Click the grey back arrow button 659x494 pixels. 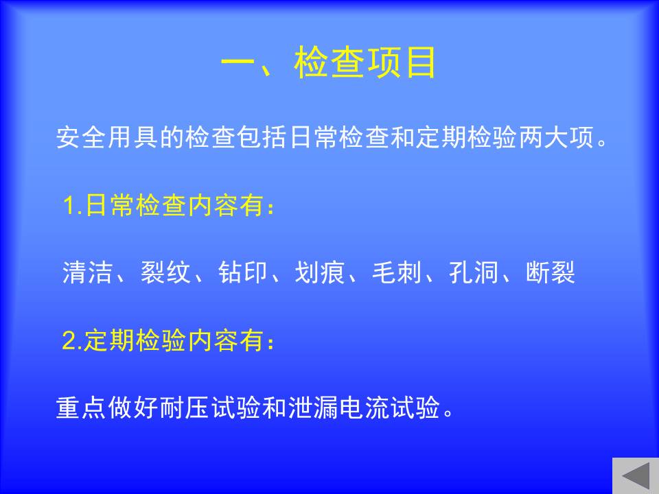(x=636, y=476)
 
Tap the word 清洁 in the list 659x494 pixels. (x=88, y=272)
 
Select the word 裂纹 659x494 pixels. (x=165, y=272)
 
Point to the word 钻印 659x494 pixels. (x=242, y=272)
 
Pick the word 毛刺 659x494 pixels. (x=397, y=272)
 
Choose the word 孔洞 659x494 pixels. (x=474, y=272)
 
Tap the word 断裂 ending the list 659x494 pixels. (x=551, y=272)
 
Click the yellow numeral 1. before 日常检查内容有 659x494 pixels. (x=72, y=206)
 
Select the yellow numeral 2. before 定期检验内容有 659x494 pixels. (x=72, y=340)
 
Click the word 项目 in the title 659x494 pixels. (x=402, y=62)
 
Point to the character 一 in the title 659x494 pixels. (x=238, y=63)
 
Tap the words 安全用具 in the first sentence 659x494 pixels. (x=108, y=137)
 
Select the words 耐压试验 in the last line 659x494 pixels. (x=211, y=407)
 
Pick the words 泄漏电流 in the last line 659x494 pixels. (x=338, y=407)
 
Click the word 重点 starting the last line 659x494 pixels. (x=81, y=407)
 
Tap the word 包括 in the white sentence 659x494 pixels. (x=262, y=137)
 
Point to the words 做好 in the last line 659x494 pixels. (x=132, y=407)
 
